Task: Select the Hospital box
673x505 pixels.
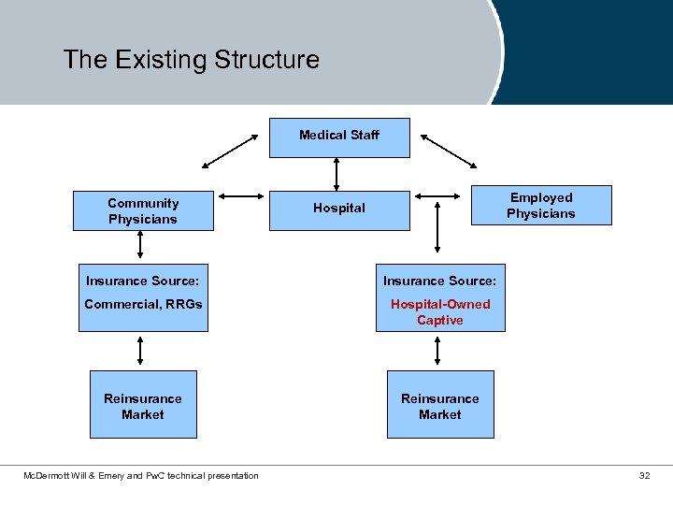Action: [338, 209]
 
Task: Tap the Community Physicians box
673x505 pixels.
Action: [143, 211]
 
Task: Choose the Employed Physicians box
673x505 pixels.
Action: [541, 206]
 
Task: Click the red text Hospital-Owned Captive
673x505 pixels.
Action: [440, 312]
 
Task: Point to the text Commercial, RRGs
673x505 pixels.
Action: [143, 304]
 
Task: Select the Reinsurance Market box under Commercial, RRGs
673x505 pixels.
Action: [143, 406]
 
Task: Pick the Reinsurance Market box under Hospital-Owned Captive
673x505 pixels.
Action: [440, 406]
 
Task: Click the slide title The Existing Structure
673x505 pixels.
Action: [192, 60]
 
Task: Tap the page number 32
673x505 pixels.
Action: [644, 476]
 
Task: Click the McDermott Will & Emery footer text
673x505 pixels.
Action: [141, 476]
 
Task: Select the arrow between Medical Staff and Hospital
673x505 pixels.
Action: [337, 174]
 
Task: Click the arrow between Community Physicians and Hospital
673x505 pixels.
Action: [242, 196]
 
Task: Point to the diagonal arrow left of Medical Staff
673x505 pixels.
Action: [230, 151]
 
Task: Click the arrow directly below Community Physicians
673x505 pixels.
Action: [140, 244]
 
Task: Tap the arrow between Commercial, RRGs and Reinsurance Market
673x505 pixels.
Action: [140, 351]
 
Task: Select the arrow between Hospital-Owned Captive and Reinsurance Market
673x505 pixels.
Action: [438, 351]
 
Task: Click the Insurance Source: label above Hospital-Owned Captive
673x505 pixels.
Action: [440, 281]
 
